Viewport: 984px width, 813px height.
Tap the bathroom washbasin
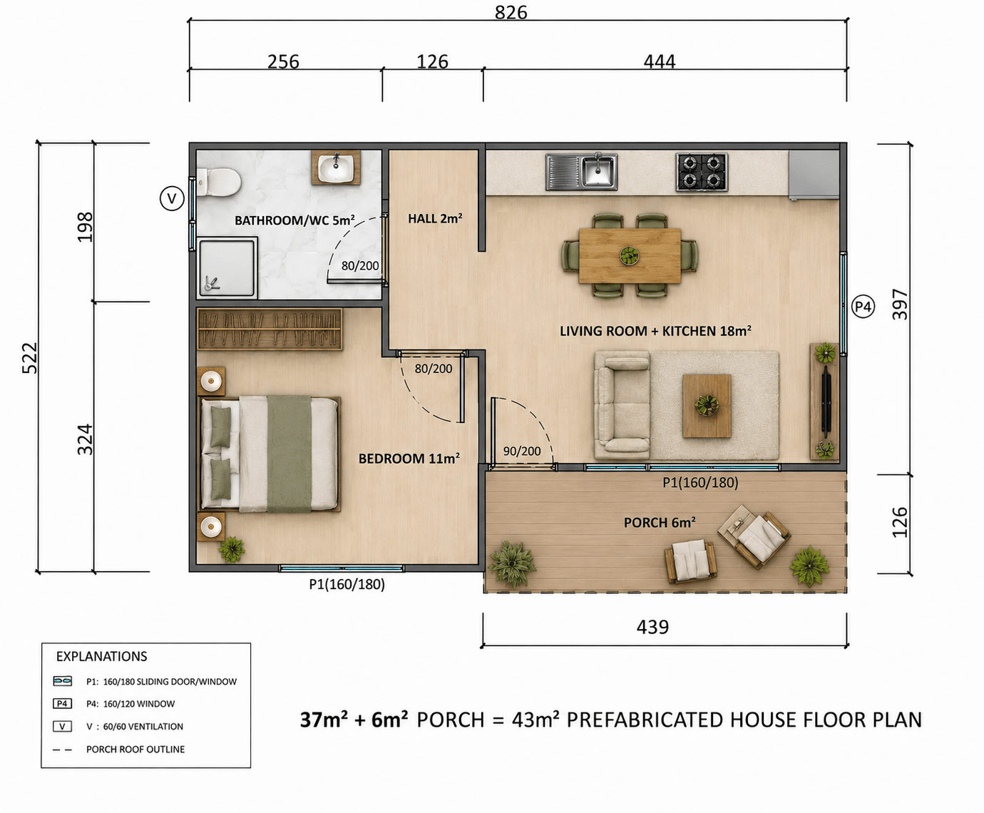pos(336,168)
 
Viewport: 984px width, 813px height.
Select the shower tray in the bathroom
pos(227,267)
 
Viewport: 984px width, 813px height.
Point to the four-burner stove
pos(702,172)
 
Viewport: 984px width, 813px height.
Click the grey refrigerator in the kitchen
pos(814,175)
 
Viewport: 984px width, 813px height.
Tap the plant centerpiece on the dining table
pos(630,255)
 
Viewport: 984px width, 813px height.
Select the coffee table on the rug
pos(707,406)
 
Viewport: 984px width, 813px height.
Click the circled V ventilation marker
pos(172,198)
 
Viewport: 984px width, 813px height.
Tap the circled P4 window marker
pos(863,307)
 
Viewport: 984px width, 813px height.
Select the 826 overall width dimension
pos(511,12)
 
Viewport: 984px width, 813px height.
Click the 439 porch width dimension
pos(652,627)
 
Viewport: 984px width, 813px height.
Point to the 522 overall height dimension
pos(30,358)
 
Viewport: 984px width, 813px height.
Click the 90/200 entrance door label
pos(522,451)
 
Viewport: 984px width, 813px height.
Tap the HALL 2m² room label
pos(435,218)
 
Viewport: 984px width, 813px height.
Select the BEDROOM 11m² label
pos(409,458)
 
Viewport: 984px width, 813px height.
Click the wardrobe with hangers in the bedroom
pos(270,329)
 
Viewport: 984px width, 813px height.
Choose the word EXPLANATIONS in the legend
pos(102,656)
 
